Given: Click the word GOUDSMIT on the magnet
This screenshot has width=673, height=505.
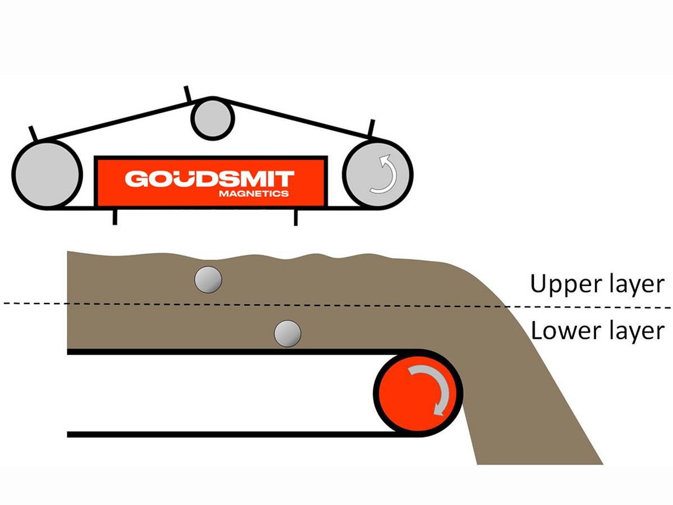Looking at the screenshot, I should click(209, 179).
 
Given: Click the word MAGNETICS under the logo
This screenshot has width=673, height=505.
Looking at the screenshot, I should click(254, 194).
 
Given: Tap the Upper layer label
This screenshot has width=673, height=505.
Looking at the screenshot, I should click(597, 285).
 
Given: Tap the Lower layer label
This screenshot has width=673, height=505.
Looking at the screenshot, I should click(597, 331).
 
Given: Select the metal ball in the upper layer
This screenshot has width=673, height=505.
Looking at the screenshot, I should click(208, 279).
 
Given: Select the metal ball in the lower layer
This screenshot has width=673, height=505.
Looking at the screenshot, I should click(288, 334).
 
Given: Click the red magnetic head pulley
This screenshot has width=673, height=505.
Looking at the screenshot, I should click(418, 392).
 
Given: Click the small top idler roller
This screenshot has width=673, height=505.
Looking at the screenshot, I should click(213, 117).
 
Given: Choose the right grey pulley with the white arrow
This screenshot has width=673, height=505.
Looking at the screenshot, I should click(377, 173).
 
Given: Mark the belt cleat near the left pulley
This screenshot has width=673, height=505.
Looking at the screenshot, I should click(32, 133).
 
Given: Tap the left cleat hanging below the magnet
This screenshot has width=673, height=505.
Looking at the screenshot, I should click(115, 216).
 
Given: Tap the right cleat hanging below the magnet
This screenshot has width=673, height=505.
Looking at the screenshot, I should click(296, 216).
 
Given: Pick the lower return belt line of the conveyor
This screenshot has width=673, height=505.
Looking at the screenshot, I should click(224, 434).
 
